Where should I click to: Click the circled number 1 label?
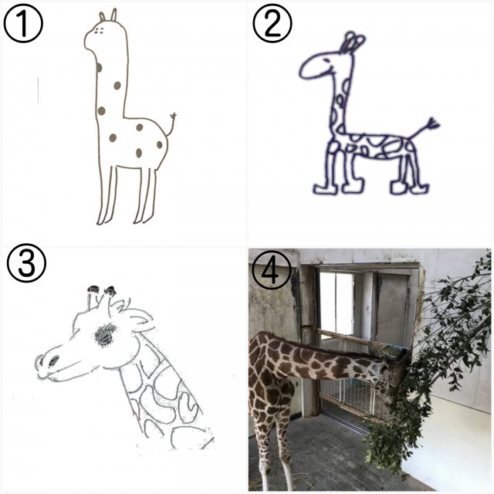23,24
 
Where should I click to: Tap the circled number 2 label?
272,23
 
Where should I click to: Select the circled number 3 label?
26,262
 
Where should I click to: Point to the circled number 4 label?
272,270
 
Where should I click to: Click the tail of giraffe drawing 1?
171,124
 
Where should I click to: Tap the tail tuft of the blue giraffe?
433,123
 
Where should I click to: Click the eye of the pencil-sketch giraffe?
105,335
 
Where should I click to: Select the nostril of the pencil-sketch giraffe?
54,360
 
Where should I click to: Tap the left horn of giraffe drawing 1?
102,17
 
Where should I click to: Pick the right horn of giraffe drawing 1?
113,15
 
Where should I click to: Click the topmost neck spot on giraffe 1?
99,67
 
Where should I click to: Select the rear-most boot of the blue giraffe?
419,188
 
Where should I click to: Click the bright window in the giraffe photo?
337,303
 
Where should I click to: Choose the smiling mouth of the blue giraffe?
330,69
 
